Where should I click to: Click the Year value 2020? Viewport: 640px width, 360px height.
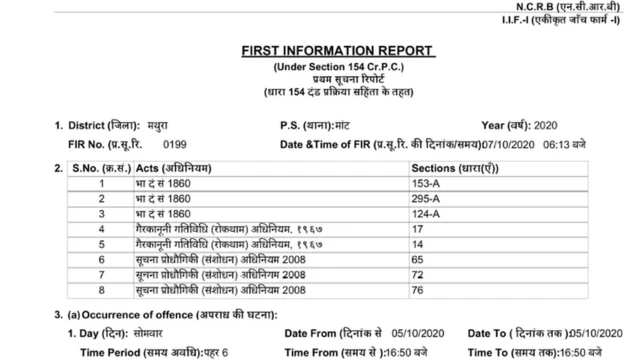[x=553, y=126]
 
